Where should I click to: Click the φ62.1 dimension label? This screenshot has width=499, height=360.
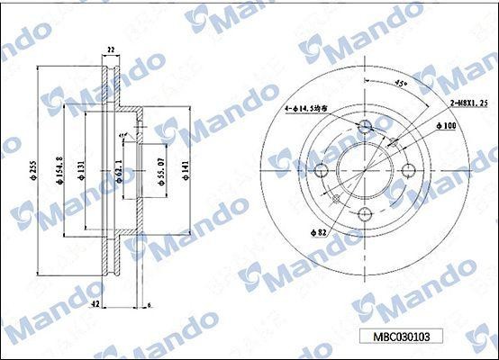[119, 170]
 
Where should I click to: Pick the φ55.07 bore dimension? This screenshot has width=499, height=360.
[159, 171]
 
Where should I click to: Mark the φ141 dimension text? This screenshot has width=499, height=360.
[184, 170]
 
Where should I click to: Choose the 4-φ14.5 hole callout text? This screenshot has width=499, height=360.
[312, 110]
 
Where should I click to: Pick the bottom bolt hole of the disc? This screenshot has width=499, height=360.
[365, 213]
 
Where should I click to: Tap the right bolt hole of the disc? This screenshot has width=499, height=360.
[409, 169]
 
